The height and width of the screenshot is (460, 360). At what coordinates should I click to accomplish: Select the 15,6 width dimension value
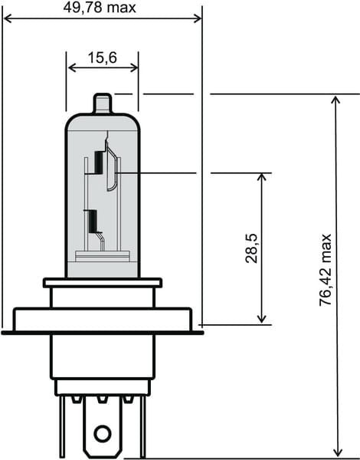[103, 58]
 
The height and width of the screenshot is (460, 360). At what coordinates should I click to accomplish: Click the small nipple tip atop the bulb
[103, 102]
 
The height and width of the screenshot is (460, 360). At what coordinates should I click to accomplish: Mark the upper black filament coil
[99, 161]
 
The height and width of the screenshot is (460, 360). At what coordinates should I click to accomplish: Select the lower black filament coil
[93, 221]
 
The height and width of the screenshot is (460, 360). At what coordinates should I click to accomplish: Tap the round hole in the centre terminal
[102, 433]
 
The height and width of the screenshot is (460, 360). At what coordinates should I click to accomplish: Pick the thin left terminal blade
[61, 426]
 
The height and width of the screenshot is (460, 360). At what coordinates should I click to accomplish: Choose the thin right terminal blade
[142, 426]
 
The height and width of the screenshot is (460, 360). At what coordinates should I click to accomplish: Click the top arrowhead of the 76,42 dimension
[335, 100]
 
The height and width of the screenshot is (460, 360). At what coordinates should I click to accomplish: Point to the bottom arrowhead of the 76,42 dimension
[335, 452]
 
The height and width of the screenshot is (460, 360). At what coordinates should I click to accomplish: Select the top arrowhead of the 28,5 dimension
[263, 178]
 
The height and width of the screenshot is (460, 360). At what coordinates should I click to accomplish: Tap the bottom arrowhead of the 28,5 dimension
[263, 318]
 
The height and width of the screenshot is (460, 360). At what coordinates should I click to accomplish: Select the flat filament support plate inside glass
[102, 257]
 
